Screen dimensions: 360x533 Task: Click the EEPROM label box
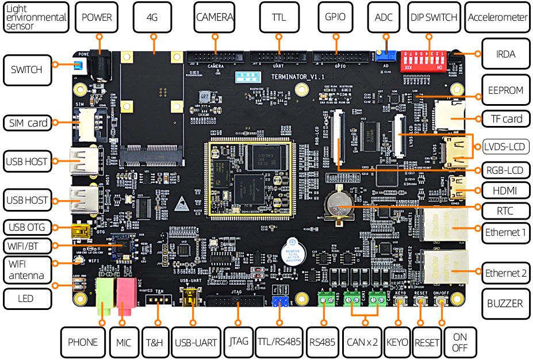[x=505, y=90]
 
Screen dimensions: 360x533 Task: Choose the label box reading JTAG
[x=238, y=341]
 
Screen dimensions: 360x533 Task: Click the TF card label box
[x=505, y=119]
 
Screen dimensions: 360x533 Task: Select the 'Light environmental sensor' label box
[x=35, y=17]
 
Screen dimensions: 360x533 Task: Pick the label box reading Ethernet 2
[x=505, y=273]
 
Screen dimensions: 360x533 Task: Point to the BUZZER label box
[x=505, y=303]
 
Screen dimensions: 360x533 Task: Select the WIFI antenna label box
[x=26, y=269]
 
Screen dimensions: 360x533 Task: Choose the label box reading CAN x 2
[x=362, y=342]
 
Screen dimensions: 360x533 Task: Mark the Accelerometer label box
[x=497, y=17]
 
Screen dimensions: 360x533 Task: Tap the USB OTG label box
[x=27, y=226]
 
